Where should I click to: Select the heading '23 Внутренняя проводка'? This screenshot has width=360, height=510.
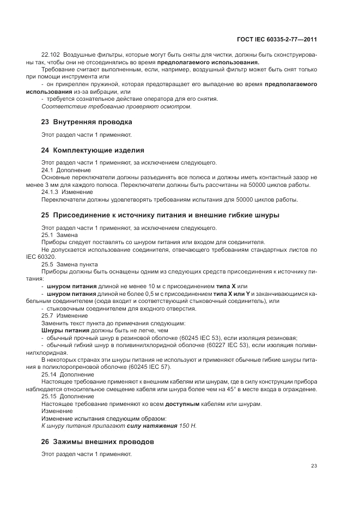(x=87, y=122)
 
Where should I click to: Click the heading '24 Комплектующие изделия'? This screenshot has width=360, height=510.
(x=93, y=149)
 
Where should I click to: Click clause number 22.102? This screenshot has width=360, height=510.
(x=51, y=56)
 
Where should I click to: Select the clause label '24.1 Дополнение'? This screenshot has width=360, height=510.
(x=59, y=170)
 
